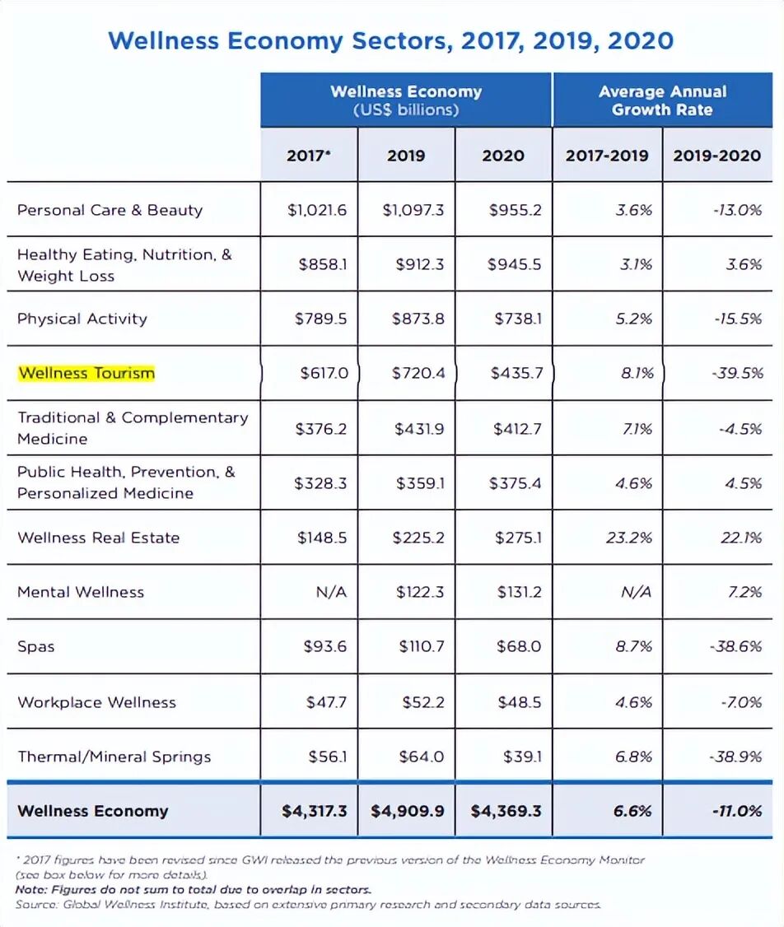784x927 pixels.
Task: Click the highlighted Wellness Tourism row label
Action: point(86,373)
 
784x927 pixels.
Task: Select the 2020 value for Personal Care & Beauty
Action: point(515,210)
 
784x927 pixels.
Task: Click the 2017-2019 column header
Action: point(607,156)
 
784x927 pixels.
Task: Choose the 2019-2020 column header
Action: point(717,156)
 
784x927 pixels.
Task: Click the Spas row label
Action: point(36,646)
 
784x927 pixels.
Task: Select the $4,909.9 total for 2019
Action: point(407,811)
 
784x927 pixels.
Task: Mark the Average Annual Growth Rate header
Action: point(662,100)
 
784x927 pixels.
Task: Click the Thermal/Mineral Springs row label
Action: point(114,757)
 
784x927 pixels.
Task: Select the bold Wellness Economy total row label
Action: point(92,811)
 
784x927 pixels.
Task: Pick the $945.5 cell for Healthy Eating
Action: point(515,264)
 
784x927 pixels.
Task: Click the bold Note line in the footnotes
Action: point(193,890)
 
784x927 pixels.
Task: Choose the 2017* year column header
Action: point(309,156)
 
